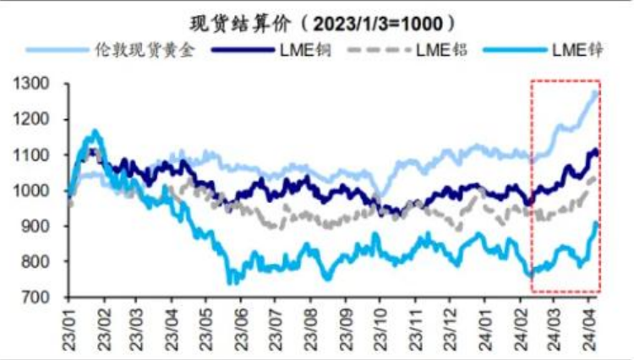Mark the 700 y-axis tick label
coord(38,298)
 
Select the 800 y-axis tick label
coord(38,263)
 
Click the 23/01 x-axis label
coord(68,326)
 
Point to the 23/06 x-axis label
coord(241,326)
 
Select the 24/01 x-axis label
coord(484,326)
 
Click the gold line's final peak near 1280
coord(596,92)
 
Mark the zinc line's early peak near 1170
coord(95,131)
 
